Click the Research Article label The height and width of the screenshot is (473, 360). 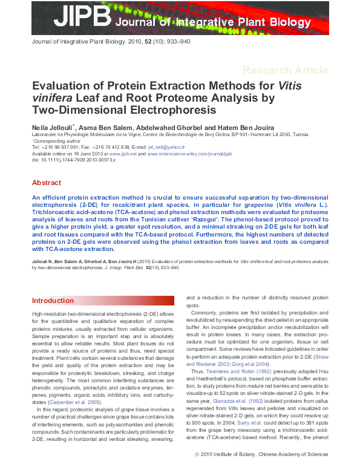point(284,70)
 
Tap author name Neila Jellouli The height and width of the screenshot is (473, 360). point(52,128)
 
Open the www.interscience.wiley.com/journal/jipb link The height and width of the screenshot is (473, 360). point(189,154)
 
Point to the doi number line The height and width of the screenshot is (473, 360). point(68,160)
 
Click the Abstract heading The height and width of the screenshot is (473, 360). point(47,183)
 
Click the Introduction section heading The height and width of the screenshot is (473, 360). point(53,301)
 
